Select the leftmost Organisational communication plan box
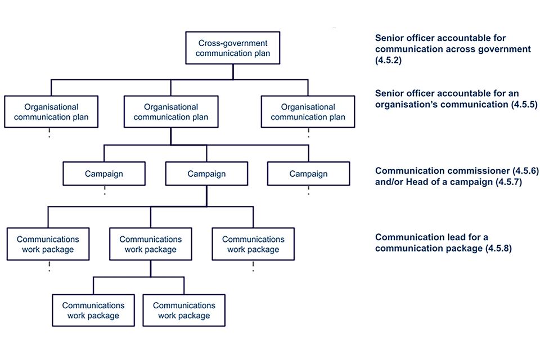click(51, 112)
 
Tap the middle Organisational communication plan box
click(171, 112)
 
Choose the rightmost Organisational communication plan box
click(308, 112)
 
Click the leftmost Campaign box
click(104, 174)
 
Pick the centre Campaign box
click(206, 174)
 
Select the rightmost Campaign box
click(308, 174)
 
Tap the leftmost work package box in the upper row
click(48, 244)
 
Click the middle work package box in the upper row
click(150, 244)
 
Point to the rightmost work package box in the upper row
click(253, 244)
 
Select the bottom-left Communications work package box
click(93, 310)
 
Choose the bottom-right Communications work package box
click(184, 310)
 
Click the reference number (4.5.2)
click(389, 60)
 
